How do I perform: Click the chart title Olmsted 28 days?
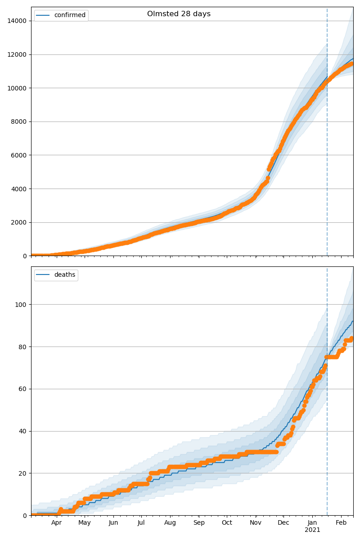tap(179, 14)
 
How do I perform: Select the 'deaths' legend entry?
tap(64, 275)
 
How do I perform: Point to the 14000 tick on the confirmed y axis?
tap(16, 21)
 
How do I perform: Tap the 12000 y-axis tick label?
tap(16, 54)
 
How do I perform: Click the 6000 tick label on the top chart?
tap(18, 155)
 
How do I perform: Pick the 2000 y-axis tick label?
tap(18, 222)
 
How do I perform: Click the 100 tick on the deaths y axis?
tap(21, 305)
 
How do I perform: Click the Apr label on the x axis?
tap(56, 523)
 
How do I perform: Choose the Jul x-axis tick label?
tap(141, 523)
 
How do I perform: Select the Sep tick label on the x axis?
tap(199, 523)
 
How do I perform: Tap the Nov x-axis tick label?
tap(256, 523)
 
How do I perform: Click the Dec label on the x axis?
tap(283, 523)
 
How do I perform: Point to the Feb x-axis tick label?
tap(341, 523)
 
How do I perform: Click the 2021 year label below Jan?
tap(312, 530)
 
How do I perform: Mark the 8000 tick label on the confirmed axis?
tap(18, 121)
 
